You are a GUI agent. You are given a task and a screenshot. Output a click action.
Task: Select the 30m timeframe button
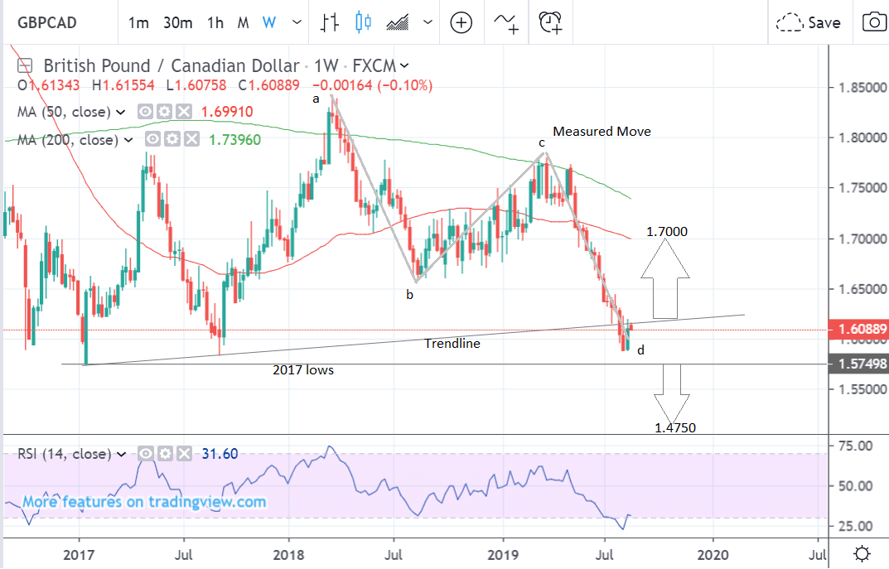[178, 22]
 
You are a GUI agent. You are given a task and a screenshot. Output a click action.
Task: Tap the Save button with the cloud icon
[809, 22]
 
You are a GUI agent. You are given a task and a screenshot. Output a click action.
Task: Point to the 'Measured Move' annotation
[602, 132]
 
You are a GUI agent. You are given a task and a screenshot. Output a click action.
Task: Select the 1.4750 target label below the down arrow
[674, 428]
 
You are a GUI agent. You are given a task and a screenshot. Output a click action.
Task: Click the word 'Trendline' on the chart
[452, 343]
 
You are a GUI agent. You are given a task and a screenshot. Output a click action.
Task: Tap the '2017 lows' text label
[303, 370]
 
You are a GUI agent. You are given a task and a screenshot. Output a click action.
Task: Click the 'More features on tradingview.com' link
[144, 502]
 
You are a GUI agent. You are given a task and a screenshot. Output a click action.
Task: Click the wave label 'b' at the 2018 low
[408, 294]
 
